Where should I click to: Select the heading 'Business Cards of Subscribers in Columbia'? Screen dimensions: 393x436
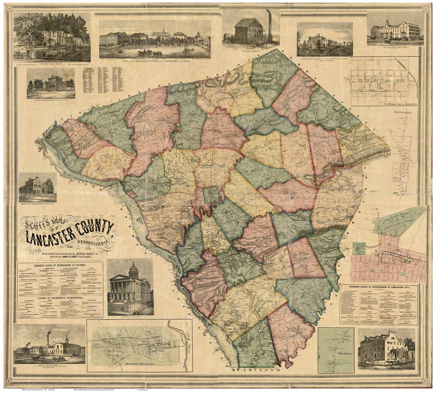60,265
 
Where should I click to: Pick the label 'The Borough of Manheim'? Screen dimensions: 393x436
397,104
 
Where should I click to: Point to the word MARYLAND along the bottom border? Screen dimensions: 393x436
252,370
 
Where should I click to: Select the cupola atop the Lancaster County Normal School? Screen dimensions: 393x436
387,21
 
